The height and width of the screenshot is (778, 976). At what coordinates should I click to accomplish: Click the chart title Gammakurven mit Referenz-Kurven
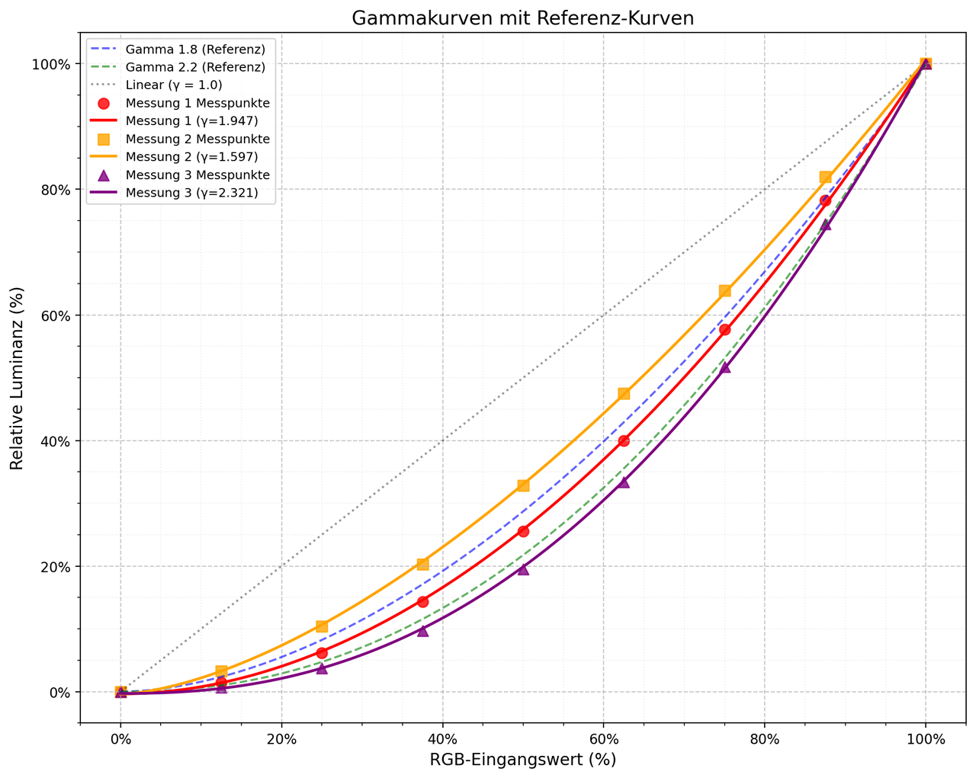[522, 18]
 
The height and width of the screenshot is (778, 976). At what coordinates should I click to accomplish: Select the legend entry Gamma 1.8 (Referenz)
[195, 50]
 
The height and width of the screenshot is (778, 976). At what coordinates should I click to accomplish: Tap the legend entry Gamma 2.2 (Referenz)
[195, 67]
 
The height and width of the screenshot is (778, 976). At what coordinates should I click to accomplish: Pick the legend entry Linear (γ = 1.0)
[174, 85]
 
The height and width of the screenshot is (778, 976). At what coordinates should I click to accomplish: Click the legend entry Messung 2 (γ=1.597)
[191, 157]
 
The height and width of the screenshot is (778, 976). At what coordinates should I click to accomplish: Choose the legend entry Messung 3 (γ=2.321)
[191, 193]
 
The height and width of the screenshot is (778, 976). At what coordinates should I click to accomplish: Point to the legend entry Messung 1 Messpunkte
[197, 103]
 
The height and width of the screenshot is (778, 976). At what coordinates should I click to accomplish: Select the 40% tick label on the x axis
[442, 738]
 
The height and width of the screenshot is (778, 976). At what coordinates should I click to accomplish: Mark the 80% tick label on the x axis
[764, 738]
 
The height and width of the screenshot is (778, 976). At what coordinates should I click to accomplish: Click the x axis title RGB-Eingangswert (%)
[522, 760]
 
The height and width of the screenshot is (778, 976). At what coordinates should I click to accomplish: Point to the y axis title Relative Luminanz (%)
[18, 378]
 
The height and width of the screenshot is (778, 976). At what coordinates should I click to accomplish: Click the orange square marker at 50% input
[523, 485]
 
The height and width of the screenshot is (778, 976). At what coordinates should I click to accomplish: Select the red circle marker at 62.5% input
[624, 440]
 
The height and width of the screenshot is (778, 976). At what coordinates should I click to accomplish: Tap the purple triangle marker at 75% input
[724, 367]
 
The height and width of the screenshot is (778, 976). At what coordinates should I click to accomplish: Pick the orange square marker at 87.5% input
[825, 177]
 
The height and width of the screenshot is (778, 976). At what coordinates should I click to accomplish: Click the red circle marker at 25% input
[322, 653]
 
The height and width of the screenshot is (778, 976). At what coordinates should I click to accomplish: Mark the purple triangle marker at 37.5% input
[422, 631]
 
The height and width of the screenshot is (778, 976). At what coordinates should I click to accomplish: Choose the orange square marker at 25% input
[322, 626]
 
